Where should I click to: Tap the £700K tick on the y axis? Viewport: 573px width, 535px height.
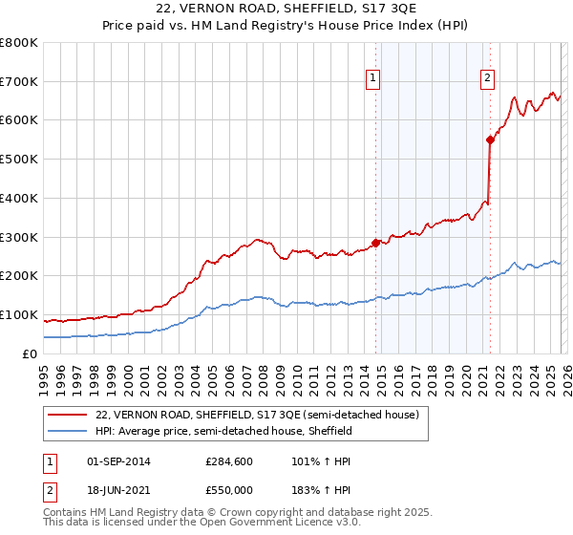[19, 82]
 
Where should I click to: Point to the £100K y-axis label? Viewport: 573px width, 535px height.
[19, 314]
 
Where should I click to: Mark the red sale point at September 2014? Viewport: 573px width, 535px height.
[376, 243]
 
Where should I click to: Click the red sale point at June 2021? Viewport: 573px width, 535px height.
[491, 139]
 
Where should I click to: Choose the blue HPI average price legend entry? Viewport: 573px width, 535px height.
[223, 431]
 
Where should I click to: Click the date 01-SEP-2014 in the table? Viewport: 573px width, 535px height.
[117, 461]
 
